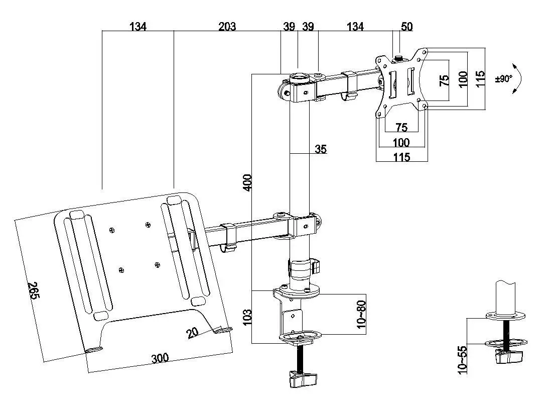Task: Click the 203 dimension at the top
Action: pyautogui.click(x=227, y=26)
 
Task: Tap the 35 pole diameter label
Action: pyautogui.click(x=321, y=149)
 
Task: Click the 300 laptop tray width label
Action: pyautogui.click(x=160, y=358)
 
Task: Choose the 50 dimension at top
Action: pyautogui.click(x=406, y=26)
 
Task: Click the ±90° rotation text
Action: pyautogui.click(x=503, y=78)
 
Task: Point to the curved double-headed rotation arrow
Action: pyautogui.click(x=519, y=78)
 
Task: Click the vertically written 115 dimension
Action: pyautogui.click(x=480, y=77)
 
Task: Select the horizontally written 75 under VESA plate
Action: pyautogui.click(x=401, y=127)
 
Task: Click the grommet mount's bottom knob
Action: pyautogui.click(x=508, y=357)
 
